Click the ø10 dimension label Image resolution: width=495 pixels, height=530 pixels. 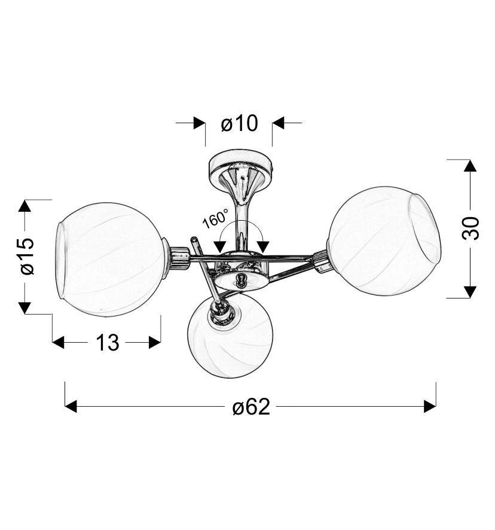(x=239, y=123)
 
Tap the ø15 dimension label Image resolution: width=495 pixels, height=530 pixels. (x=27, y=256)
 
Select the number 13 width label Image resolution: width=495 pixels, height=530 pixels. (x=108, y=342)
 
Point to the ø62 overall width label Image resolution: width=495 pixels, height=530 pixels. (x=251, y=406)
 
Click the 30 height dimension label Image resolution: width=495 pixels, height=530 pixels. (x=470, y=229)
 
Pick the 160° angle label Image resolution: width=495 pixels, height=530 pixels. (x=215, y=218)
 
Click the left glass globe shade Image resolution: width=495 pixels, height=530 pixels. (x=110, y=260)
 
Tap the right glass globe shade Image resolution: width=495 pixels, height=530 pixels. (x=384, y=240)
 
